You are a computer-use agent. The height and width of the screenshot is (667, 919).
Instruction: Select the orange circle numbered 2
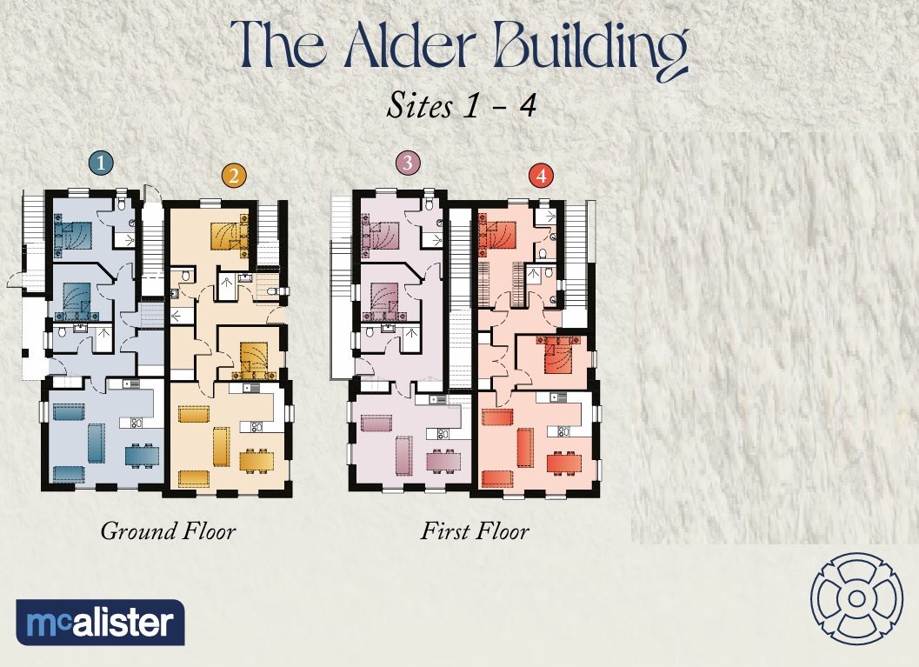point(232,177)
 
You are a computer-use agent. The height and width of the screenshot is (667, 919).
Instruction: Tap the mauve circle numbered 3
point(407,162)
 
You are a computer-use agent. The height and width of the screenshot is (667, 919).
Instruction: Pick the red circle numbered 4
point(542,177)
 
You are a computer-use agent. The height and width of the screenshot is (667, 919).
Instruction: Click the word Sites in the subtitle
point(419,107)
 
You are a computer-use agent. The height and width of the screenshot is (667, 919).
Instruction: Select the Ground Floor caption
point(168,530)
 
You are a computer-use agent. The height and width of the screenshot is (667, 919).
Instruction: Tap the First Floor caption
point(475,530)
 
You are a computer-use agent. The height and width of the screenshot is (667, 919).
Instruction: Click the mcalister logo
point(100,623)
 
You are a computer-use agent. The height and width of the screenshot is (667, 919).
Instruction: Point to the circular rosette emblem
point(856,598)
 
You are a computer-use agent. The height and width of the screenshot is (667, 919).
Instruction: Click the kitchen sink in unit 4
point(551,397)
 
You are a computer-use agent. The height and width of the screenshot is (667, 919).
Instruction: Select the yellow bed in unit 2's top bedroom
point(228,235)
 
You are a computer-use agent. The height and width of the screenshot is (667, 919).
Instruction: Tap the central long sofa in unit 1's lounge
point(96,443)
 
